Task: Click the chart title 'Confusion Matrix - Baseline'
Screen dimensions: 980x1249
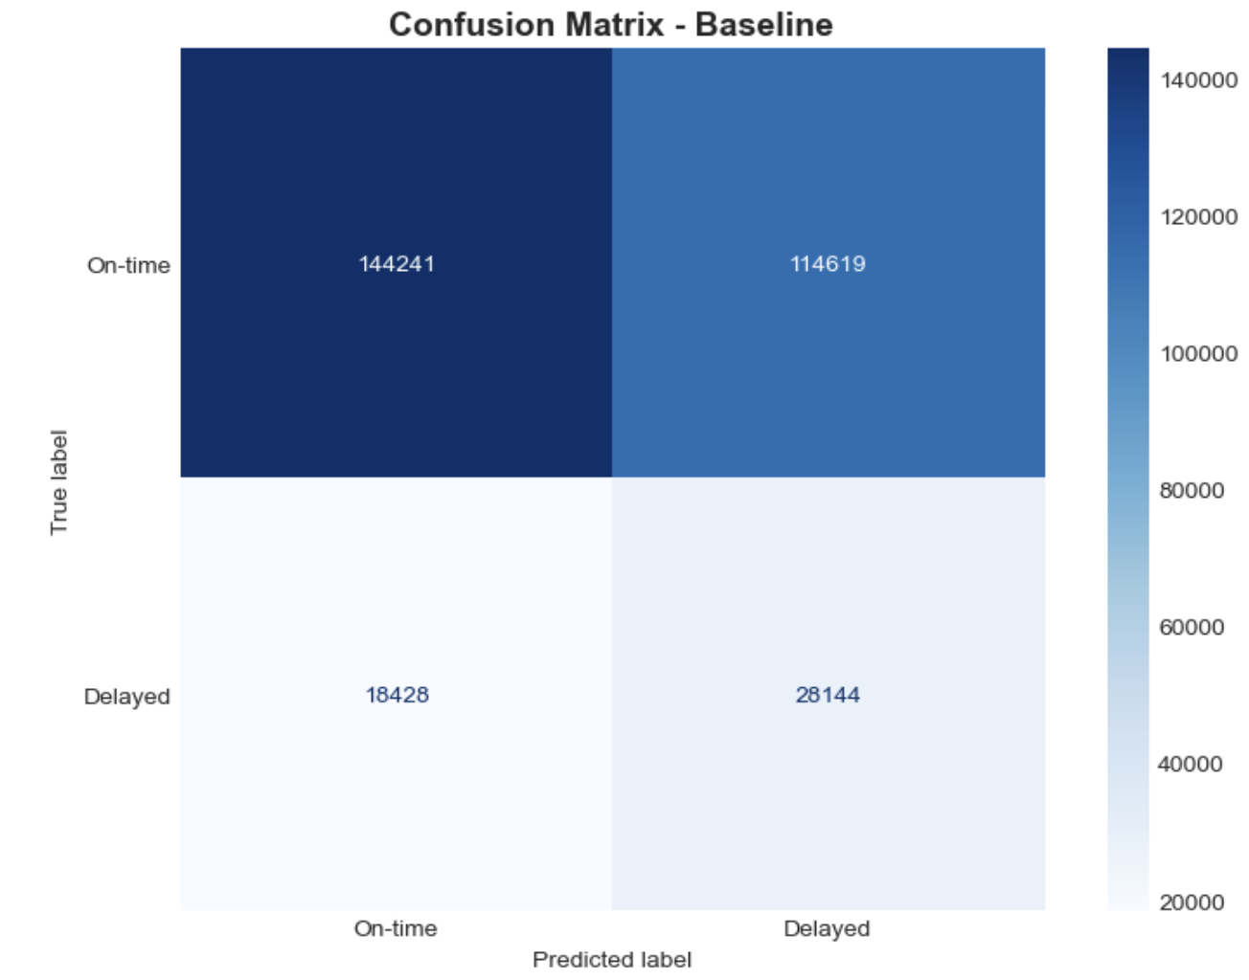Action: [x=611, y=24]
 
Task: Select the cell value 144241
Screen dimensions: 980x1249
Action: [x=397, y=264]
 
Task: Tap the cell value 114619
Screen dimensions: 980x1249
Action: [x=828, y=264]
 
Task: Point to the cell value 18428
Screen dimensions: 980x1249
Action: [x=397, y=695]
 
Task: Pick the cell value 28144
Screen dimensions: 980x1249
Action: [x=828, y=695]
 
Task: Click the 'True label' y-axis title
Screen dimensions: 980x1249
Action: [x=59, y=482]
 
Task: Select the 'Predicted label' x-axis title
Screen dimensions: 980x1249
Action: [x=612, y=960]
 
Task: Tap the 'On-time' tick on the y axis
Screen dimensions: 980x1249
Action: [x=128, y=265]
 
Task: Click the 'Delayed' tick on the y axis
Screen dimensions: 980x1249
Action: [x=126, y=697]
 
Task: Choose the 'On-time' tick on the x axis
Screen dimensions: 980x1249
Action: [x=396, y=928]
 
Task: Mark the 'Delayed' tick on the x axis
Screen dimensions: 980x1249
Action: [x=827, y=928]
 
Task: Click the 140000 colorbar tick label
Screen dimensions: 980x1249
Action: [x=1198, y=80]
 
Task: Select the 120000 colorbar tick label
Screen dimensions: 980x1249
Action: [x=1198, y=217]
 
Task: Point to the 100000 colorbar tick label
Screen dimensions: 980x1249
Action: [x=1198, y=354]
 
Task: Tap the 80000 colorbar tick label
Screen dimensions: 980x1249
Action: [x=1192, y=491]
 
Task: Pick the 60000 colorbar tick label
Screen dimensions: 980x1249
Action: [x=1192, y=628]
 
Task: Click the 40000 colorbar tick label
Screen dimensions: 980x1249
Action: [x=1192, y=765]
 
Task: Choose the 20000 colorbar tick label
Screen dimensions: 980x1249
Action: [x=1192, y=902]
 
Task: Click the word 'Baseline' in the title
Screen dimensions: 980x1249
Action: [x=764, y=24]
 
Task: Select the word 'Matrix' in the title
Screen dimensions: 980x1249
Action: [x=610, y=24]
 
